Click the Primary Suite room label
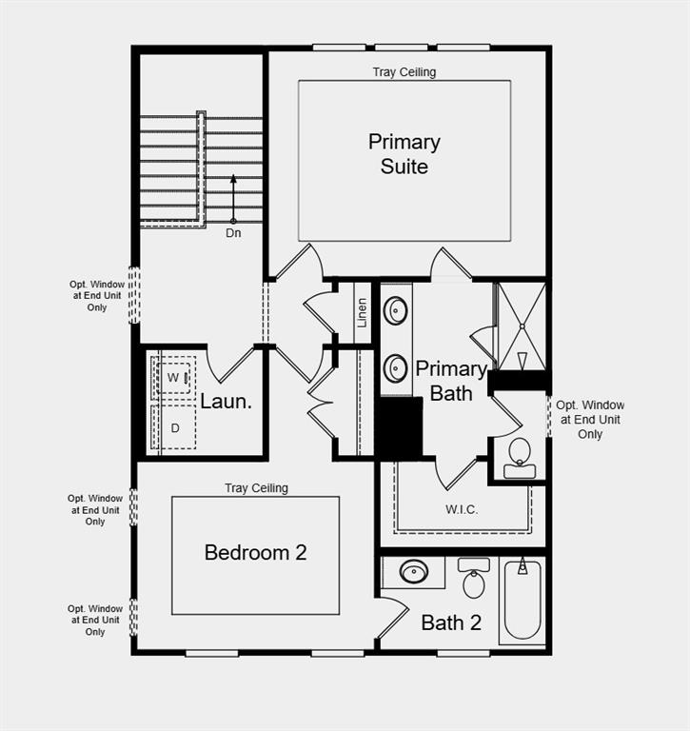(404, 154)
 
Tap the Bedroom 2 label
(255, 552)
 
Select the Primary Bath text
(451, 380)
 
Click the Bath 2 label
(451, 623)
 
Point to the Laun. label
(226, 402)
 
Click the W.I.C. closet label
(462, 510)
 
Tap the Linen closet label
(362, 313)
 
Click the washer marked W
(173, 378)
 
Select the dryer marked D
(174, 428)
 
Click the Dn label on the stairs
(233, 233)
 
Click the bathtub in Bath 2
(522, 600)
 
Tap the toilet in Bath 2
(473, 578)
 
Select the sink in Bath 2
(414, 572)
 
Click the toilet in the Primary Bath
(520, 455)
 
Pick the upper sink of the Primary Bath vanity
(395, 311)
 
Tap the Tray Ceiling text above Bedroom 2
(256, 488)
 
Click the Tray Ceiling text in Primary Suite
(404, 72)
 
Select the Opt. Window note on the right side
(590, 420)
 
